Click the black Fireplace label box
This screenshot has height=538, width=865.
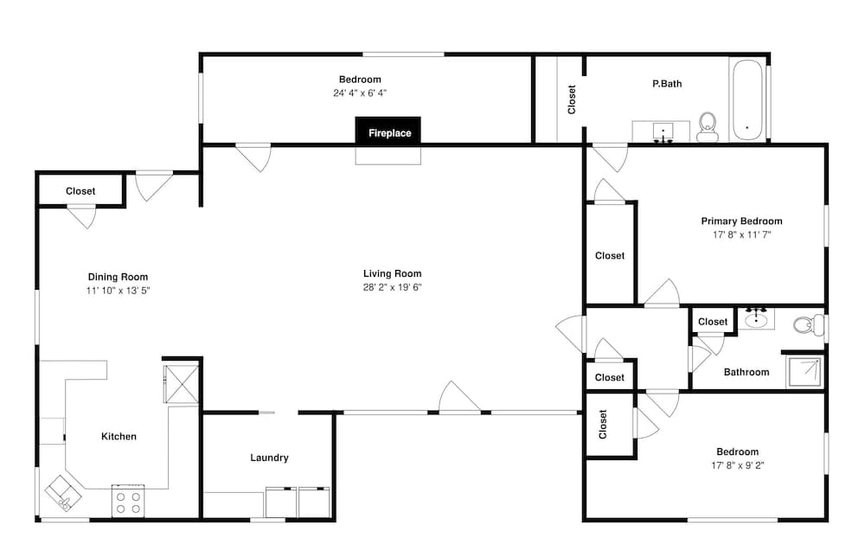(388, 131)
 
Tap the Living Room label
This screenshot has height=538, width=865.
(392, 273)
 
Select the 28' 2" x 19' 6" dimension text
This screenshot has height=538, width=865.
(392, 287)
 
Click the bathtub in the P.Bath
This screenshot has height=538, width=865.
(747, 99)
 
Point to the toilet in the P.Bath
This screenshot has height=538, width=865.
(707, 127)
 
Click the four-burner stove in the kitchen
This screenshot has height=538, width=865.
(128, 502)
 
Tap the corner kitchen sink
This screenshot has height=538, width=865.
(63, 493)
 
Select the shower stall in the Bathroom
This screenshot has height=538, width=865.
(804, 372)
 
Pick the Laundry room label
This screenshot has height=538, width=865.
(269, 458)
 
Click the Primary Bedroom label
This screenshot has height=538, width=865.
(741, 221)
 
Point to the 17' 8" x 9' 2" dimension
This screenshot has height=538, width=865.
(738, 465)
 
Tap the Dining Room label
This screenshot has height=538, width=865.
(118, 277)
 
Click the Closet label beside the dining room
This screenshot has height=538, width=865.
(80, 191)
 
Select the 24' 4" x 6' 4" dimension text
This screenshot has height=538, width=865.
(360, 93)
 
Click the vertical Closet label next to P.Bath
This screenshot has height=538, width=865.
(572, 99)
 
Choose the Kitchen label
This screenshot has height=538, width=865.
(119, 437)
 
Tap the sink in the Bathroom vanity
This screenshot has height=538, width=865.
(756, 319)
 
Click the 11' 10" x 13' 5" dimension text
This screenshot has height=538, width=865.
(118, 291)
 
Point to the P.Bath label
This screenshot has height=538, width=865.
(667, 84)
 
